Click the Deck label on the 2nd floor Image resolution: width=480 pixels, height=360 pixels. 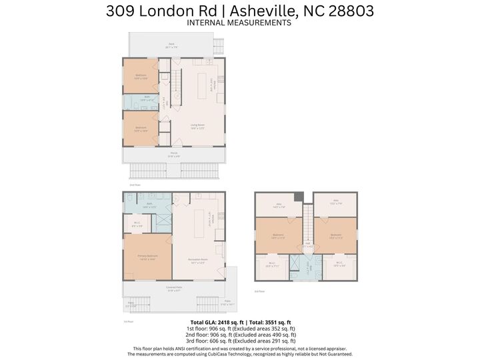tap(171, 45)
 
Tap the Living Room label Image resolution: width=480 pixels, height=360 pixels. tap(197, 126)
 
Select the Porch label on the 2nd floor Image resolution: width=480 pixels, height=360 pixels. tap(173, 154)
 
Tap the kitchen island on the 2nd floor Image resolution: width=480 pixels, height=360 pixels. tap(203, 85)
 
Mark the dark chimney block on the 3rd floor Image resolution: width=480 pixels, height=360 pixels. tap(299, 197)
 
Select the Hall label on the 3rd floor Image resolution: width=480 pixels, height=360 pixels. tap(307, 247)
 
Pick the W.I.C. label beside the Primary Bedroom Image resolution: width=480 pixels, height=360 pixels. tap(136, 224)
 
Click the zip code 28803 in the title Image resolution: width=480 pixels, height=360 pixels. tap(345, 11)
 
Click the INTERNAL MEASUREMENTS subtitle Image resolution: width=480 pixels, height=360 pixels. tap(239, 23)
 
